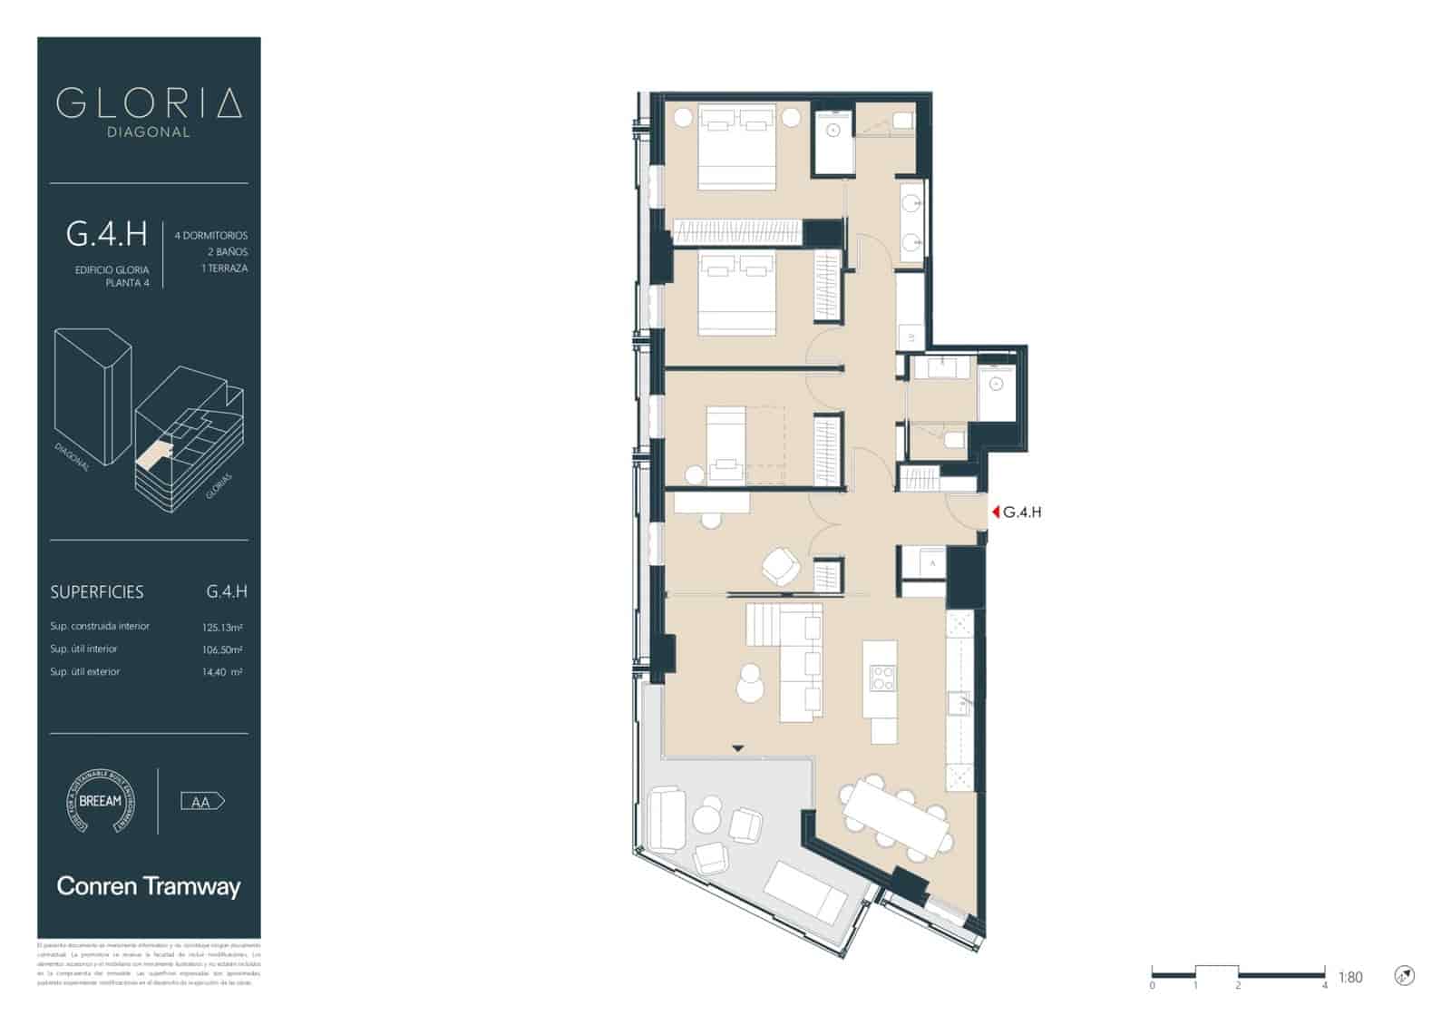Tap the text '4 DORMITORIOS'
pos(210,235)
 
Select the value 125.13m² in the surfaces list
pos(222,627)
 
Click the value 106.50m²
pos(222,649)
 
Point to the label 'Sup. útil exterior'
pos(85,672)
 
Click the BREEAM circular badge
pos(100,801)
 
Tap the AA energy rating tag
pos(202,802)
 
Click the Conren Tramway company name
pos(149,886)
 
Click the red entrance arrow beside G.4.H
pos(996,512)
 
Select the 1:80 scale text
pos(1350,977)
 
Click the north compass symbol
pos(1405,976)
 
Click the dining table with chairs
pos(896,818)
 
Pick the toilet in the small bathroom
pos(953,441)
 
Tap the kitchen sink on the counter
pos(959,702)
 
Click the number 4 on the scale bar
pos(1325,985)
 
